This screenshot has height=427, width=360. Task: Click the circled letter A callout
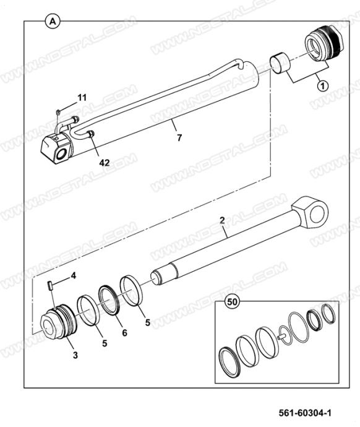coord(52,21)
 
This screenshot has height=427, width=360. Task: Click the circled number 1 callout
coord(322,86)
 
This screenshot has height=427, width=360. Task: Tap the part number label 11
coord(82,98)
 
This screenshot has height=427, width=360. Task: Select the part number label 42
coord(104,163)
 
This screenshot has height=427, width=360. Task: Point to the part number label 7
coord(179,138)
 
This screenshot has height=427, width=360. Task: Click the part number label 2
coord(222,220)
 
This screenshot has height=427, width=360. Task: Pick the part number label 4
coord(74,275)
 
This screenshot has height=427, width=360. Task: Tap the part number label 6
coord(124,333)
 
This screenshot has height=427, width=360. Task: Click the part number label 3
coord(75,355)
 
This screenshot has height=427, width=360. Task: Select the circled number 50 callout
coord(232,302)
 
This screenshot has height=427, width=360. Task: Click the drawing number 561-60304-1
coord(305,413)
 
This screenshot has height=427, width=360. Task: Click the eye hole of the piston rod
coord(319,214)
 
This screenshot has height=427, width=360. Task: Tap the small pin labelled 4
coord(50,286)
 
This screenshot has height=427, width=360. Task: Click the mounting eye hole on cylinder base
coord(62,155)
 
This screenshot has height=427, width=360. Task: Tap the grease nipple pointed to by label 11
coord(58,111)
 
